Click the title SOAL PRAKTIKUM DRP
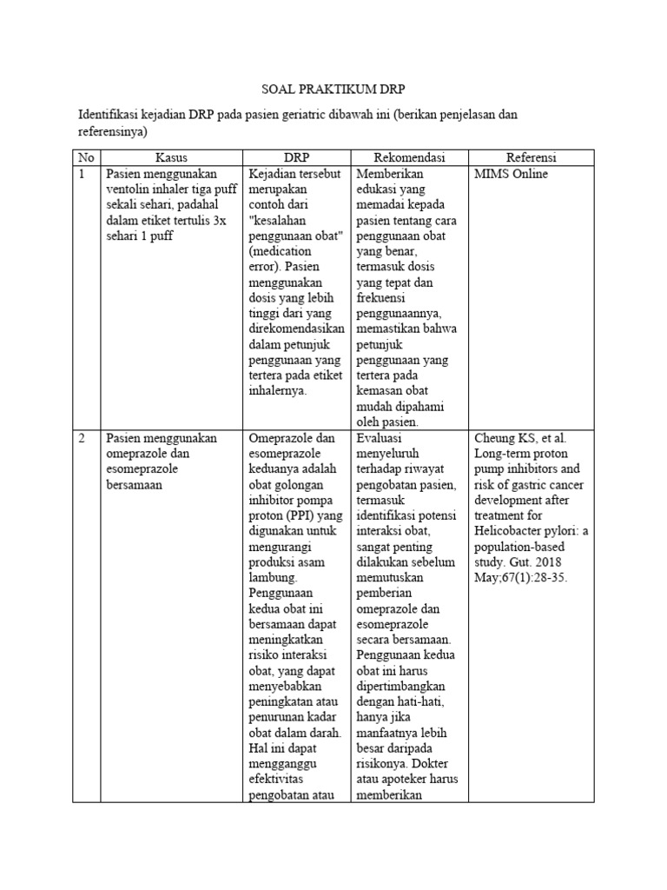pos(333,90)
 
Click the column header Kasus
pos(172,157)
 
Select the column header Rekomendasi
pos(409,157)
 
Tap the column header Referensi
pos(532,157)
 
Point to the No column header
pos(85,157)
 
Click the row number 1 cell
pos(83,173)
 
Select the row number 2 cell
pos(83,438)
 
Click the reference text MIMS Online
pos(512,173)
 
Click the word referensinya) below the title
pos(113,132)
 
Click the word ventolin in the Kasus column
pos(131,189)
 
